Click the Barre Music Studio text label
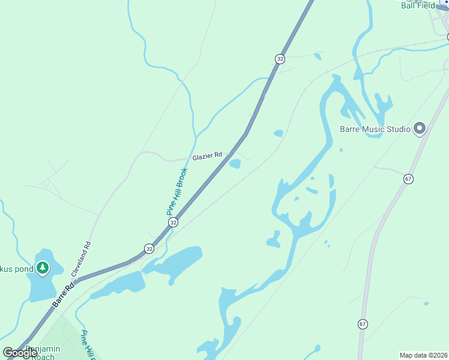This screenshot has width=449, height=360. pyautogui.click(x=375, y=129)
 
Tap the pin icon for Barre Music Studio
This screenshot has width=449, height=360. pyautogui.click(x=420, y=128)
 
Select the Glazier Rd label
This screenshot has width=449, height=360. pyautogui.click(x=207, y=156)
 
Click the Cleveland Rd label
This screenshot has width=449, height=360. pyautogui.click(x=82, y=259)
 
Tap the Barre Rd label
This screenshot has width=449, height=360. pyautogui.click(x=62, y=296)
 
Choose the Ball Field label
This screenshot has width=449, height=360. pyautogui.click(x=418, y=5)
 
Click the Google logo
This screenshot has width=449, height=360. pyautogui.click(x=20, y=353)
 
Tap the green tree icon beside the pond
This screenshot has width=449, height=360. pyautogui.click(x=42, y=267)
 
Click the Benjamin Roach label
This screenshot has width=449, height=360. pyautogui.click(x=42, y=352)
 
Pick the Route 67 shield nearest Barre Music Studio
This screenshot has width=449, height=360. pyautogui.click(x=408, y=179)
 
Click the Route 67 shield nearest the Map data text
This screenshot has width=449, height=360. pyautogui.click(x=363, y=324)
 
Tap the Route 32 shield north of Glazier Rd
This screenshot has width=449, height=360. pyautogui.click(x=280, y=58)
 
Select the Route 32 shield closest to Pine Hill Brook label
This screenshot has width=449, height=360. pyautogui.click(x=173, y=222)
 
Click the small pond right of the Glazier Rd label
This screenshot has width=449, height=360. pyautogui.click(x=235, y=164)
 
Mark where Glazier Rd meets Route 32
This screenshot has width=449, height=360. pyautogui.click(x=226, y=155)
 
